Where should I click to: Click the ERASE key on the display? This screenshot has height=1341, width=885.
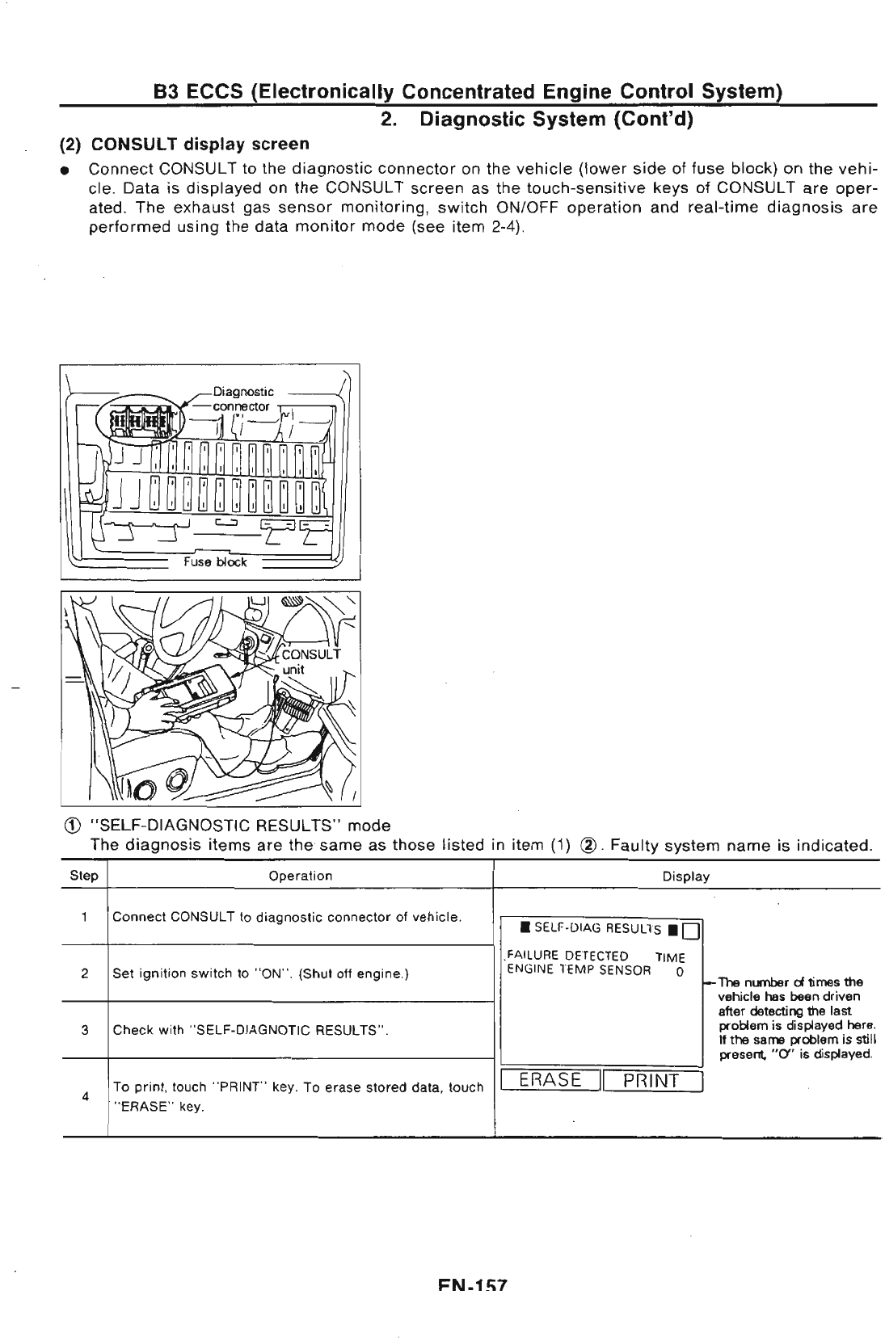pos(550,1080)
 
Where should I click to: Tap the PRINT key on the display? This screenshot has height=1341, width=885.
pos(651,1080)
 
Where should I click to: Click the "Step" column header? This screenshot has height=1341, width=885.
pos(84,876)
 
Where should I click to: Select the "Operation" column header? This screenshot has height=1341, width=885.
pos(300,876)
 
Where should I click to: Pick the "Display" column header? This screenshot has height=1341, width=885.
pos(685,876)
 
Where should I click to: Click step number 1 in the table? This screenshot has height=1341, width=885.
pos(84,917)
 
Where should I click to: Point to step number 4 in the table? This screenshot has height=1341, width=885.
pos(84,1096)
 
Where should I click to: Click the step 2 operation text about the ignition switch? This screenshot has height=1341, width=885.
pos(260,973)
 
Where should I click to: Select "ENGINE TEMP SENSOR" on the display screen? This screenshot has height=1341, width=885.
pos(579,969)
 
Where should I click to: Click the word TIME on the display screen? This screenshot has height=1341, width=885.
pos(670,957)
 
